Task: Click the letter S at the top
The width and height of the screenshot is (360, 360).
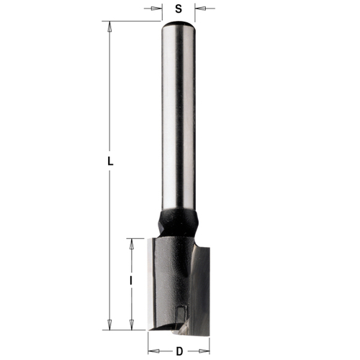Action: (179, 9)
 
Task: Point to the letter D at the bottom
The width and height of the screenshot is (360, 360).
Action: (178, 351)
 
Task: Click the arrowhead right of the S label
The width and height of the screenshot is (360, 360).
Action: (200, 9)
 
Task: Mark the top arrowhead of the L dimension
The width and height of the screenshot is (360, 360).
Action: (110, 27)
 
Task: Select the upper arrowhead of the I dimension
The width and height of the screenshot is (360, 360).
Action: (131, 243)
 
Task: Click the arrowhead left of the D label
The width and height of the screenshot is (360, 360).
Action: (153, 351)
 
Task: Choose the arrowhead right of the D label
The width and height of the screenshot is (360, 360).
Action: (204, 351)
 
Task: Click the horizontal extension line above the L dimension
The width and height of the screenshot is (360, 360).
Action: (130, 22)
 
